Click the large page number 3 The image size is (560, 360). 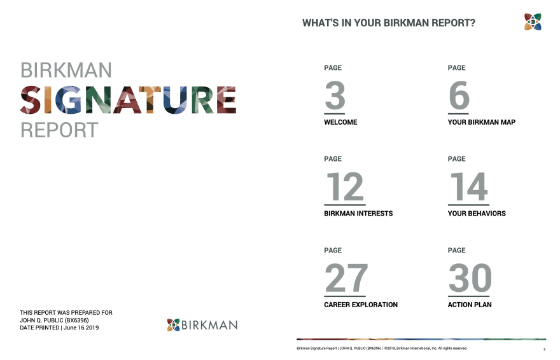tap(335, 95)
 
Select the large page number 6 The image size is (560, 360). tap(459, 95)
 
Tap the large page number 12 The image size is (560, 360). tap(345, 186)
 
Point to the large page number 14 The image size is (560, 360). tap(468, 186)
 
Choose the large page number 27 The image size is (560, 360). tap(346, 278)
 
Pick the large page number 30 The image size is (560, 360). tap(470, 278)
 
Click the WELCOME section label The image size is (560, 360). tap(340, 122)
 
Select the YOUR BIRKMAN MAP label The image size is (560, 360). tap(482, 122)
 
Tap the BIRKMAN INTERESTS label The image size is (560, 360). tap(358, 213)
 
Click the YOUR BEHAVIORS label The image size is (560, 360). tap(477, 213)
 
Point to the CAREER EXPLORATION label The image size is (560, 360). tap(361, 305)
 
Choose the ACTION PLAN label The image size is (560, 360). tap(470, 305)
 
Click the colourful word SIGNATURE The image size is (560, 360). tap(128, 100)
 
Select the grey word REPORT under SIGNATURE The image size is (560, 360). tap(59, 130)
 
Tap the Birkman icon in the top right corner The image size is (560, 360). tap(533, 22)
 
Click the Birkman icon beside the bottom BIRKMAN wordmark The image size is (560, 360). tap(173, 324)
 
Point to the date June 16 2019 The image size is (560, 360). tap(81, 328)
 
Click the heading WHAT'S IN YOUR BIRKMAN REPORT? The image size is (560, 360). tap(389, 23)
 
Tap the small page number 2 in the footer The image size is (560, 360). tap(544, 349)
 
